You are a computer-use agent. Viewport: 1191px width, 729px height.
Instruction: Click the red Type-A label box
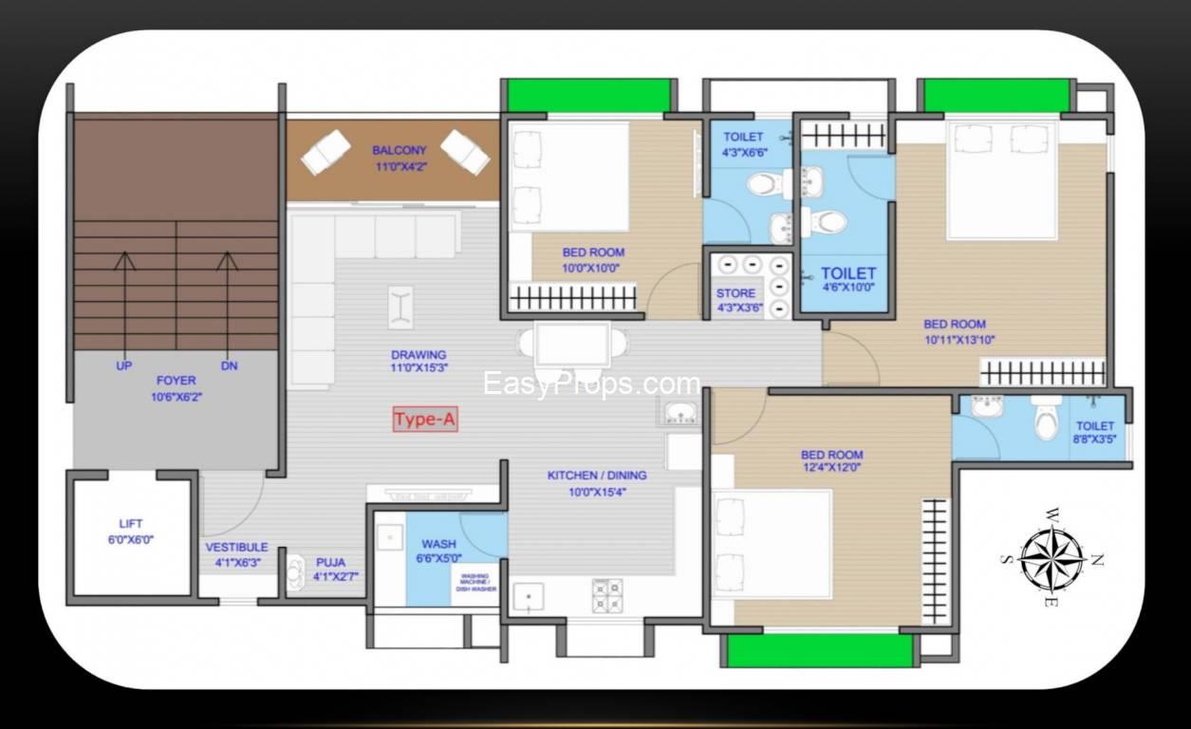pos(425,419)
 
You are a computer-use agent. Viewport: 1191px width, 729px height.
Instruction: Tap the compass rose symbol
pos(1052,558)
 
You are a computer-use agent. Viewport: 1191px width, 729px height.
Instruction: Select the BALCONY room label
pos(400,151)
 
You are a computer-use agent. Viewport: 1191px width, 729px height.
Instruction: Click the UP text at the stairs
pos(124,365)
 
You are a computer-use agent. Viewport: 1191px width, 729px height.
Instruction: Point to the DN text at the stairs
pos(229,365)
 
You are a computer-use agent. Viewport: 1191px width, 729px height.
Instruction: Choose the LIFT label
pos(130,524)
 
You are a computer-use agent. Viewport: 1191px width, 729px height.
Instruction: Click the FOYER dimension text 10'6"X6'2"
pos(177,397)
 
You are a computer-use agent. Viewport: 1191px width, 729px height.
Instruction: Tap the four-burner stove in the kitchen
pos(607,595)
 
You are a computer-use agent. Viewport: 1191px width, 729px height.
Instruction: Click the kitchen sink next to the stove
pos(528,597)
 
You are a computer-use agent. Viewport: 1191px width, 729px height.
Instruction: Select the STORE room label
pos(735,293)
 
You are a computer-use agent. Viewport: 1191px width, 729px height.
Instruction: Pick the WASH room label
pos(438,544)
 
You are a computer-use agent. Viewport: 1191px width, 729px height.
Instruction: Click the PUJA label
pos(330,562)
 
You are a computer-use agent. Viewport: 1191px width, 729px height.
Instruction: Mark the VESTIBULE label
pos(236,547)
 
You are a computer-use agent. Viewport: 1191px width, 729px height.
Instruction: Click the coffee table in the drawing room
pos(400,308)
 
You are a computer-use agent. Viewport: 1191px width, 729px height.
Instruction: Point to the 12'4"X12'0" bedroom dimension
pos(831,467)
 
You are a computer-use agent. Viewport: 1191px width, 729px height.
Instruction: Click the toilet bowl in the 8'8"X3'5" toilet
pos(1046,418)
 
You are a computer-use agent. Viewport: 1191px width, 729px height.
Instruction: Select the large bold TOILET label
pos(848,273)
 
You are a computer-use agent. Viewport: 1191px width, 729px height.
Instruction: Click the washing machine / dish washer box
pos(475,584)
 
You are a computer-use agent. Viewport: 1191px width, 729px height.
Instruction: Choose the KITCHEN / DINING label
pos(597,476)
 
